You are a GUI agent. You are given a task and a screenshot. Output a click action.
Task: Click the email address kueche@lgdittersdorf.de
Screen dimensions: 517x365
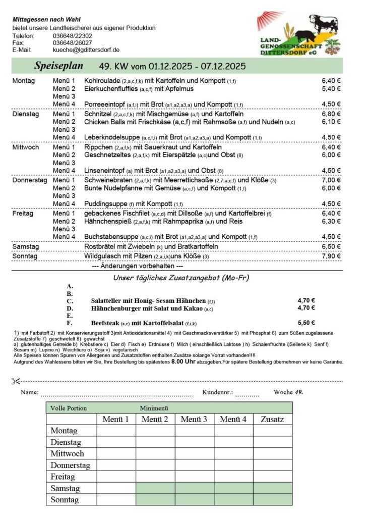[x=86, y=50]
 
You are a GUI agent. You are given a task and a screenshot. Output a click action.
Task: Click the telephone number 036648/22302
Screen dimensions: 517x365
[x=72, y=36]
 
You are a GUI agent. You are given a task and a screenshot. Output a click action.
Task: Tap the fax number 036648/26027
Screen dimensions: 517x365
[x=72, y=43]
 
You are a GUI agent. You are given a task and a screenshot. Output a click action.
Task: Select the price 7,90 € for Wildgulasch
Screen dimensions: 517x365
[x=331, y=256]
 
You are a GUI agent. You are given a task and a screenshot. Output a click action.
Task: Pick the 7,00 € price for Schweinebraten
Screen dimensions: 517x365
[x=331, y=180]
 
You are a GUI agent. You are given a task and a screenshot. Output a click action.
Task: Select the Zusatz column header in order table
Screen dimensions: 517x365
[x=273, y=419]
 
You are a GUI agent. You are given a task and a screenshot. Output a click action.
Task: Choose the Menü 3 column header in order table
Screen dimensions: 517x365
[x=195, y=419]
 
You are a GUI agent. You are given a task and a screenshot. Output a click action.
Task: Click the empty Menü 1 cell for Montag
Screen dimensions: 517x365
[x=116, y=431]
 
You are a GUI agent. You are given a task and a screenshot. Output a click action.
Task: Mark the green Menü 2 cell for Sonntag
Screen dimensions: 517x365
[x=155, y=499]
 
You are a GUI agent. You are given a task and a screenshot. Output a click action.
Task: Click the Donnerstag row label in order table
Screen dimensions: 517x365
[x=70, y=465]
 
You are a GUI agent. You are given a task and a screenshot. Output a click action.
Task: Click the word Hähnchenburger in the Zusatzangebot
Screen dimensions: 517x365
[x=117, y=308]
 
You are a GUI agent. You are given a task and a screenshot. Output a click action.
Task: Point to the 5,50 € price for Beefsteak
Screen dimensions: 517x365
[x=306, y=322]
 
